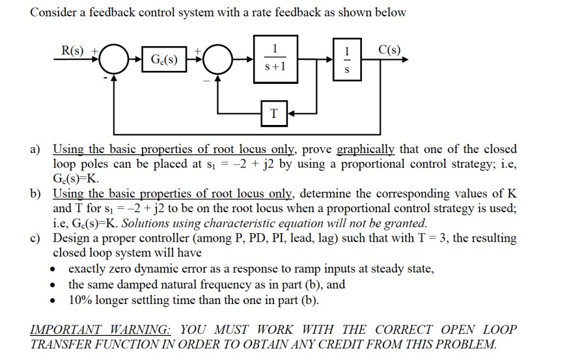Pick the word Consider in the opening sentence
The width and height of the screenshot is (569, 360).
(x=53, y=12)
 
